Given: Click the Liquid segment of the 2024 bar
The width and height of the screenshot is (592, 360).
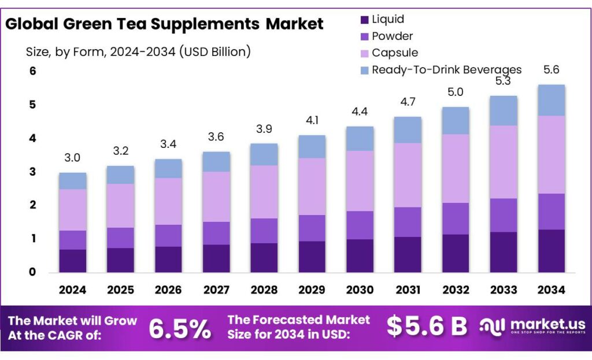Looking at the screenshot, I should [73, 261].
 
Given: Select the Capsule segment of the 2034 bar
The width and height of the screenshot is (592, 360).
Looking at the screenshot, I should [551, 154].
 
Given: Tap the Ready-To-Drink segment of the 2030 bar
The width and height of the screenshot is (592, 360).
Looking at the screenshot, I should [360, 138].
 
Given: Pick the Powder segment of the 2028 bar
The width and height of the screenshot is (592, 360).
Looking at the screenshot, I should [264, 231].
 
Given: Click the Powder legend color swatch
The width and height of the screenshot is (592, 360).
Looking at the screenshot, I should [364, 36].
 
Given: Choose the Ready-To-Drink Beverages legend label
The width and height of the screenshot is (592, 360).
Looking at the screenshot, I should [446, 70].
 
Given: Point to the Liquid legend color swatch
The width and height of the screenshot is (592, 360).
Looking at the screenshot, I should [364, 20].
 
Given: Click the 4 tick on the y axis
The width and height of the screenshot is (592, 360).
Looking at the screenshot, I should [33, 138].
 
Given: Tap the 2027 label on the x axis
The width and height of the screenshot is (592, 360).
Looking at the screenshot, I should [216, 289].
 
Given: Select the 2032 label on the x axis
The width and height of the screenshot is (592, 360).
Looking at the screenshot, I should [456, 289].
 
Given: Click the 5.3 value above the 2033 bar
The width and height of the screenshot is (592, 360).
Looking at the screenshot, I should [503, 81].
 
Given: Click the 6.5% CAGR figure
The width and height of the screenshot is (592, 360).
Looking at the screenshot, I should [180, 328].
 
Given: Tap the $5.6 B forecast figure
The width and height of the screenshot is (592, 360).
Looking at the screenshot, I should [427, 326].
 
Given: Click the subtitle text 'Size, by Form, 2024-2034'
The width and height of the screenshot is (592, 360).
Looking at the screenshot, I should [101, 52].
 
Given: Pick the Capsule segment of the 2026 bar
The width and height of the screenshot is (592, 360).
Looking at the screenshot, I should [168, 201].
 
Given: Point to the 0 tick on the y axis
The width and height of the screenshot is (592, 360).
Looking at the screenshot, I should [33, 272].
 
